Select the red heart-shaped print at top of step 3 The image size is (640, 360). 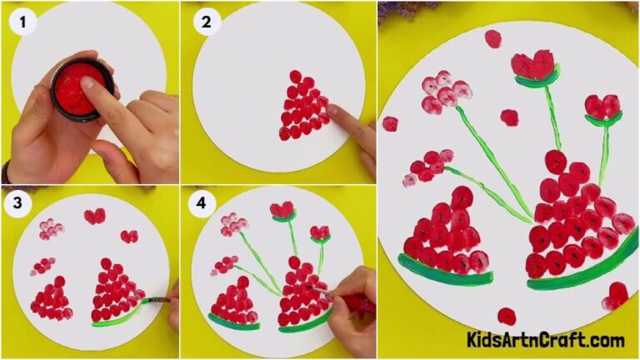point(94,217)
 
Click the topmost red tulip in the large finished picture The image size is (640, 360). point(533,65)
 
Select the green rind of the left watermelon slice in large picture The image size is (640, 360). point(442,274)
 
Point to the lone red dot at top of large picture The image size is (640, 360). point(492,38)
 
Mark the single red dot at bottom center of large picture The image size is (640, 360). point(506,316)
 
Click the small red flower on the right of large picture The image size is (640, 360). point(602,107)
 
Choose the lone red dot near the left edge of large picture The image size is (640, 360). point(390,123)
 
